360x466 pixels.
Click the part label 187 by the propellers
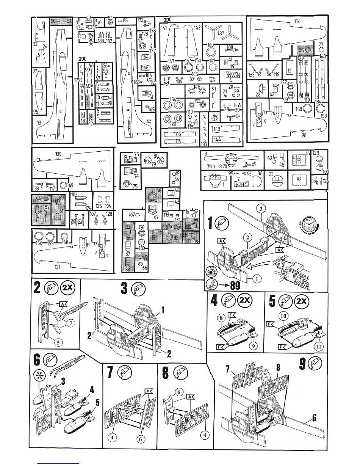coord(221,33)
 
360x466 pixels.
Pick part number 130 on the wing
coord(59,154)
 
